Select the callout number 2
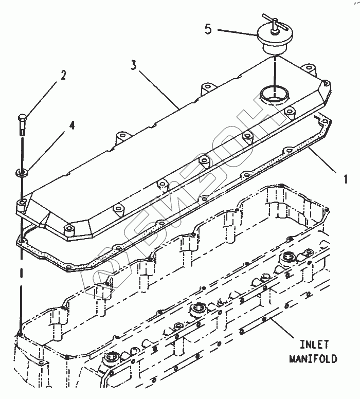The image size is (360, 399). [63, 75]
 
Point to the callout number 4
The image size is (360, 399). [71, 125]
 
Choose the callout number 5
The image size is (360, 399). [208, 28]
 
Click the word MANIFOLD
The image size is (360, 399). [312, 358]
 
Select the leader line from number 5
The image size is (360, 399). [237, 32]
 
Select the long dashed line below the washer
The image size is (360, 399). [21, 257]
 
